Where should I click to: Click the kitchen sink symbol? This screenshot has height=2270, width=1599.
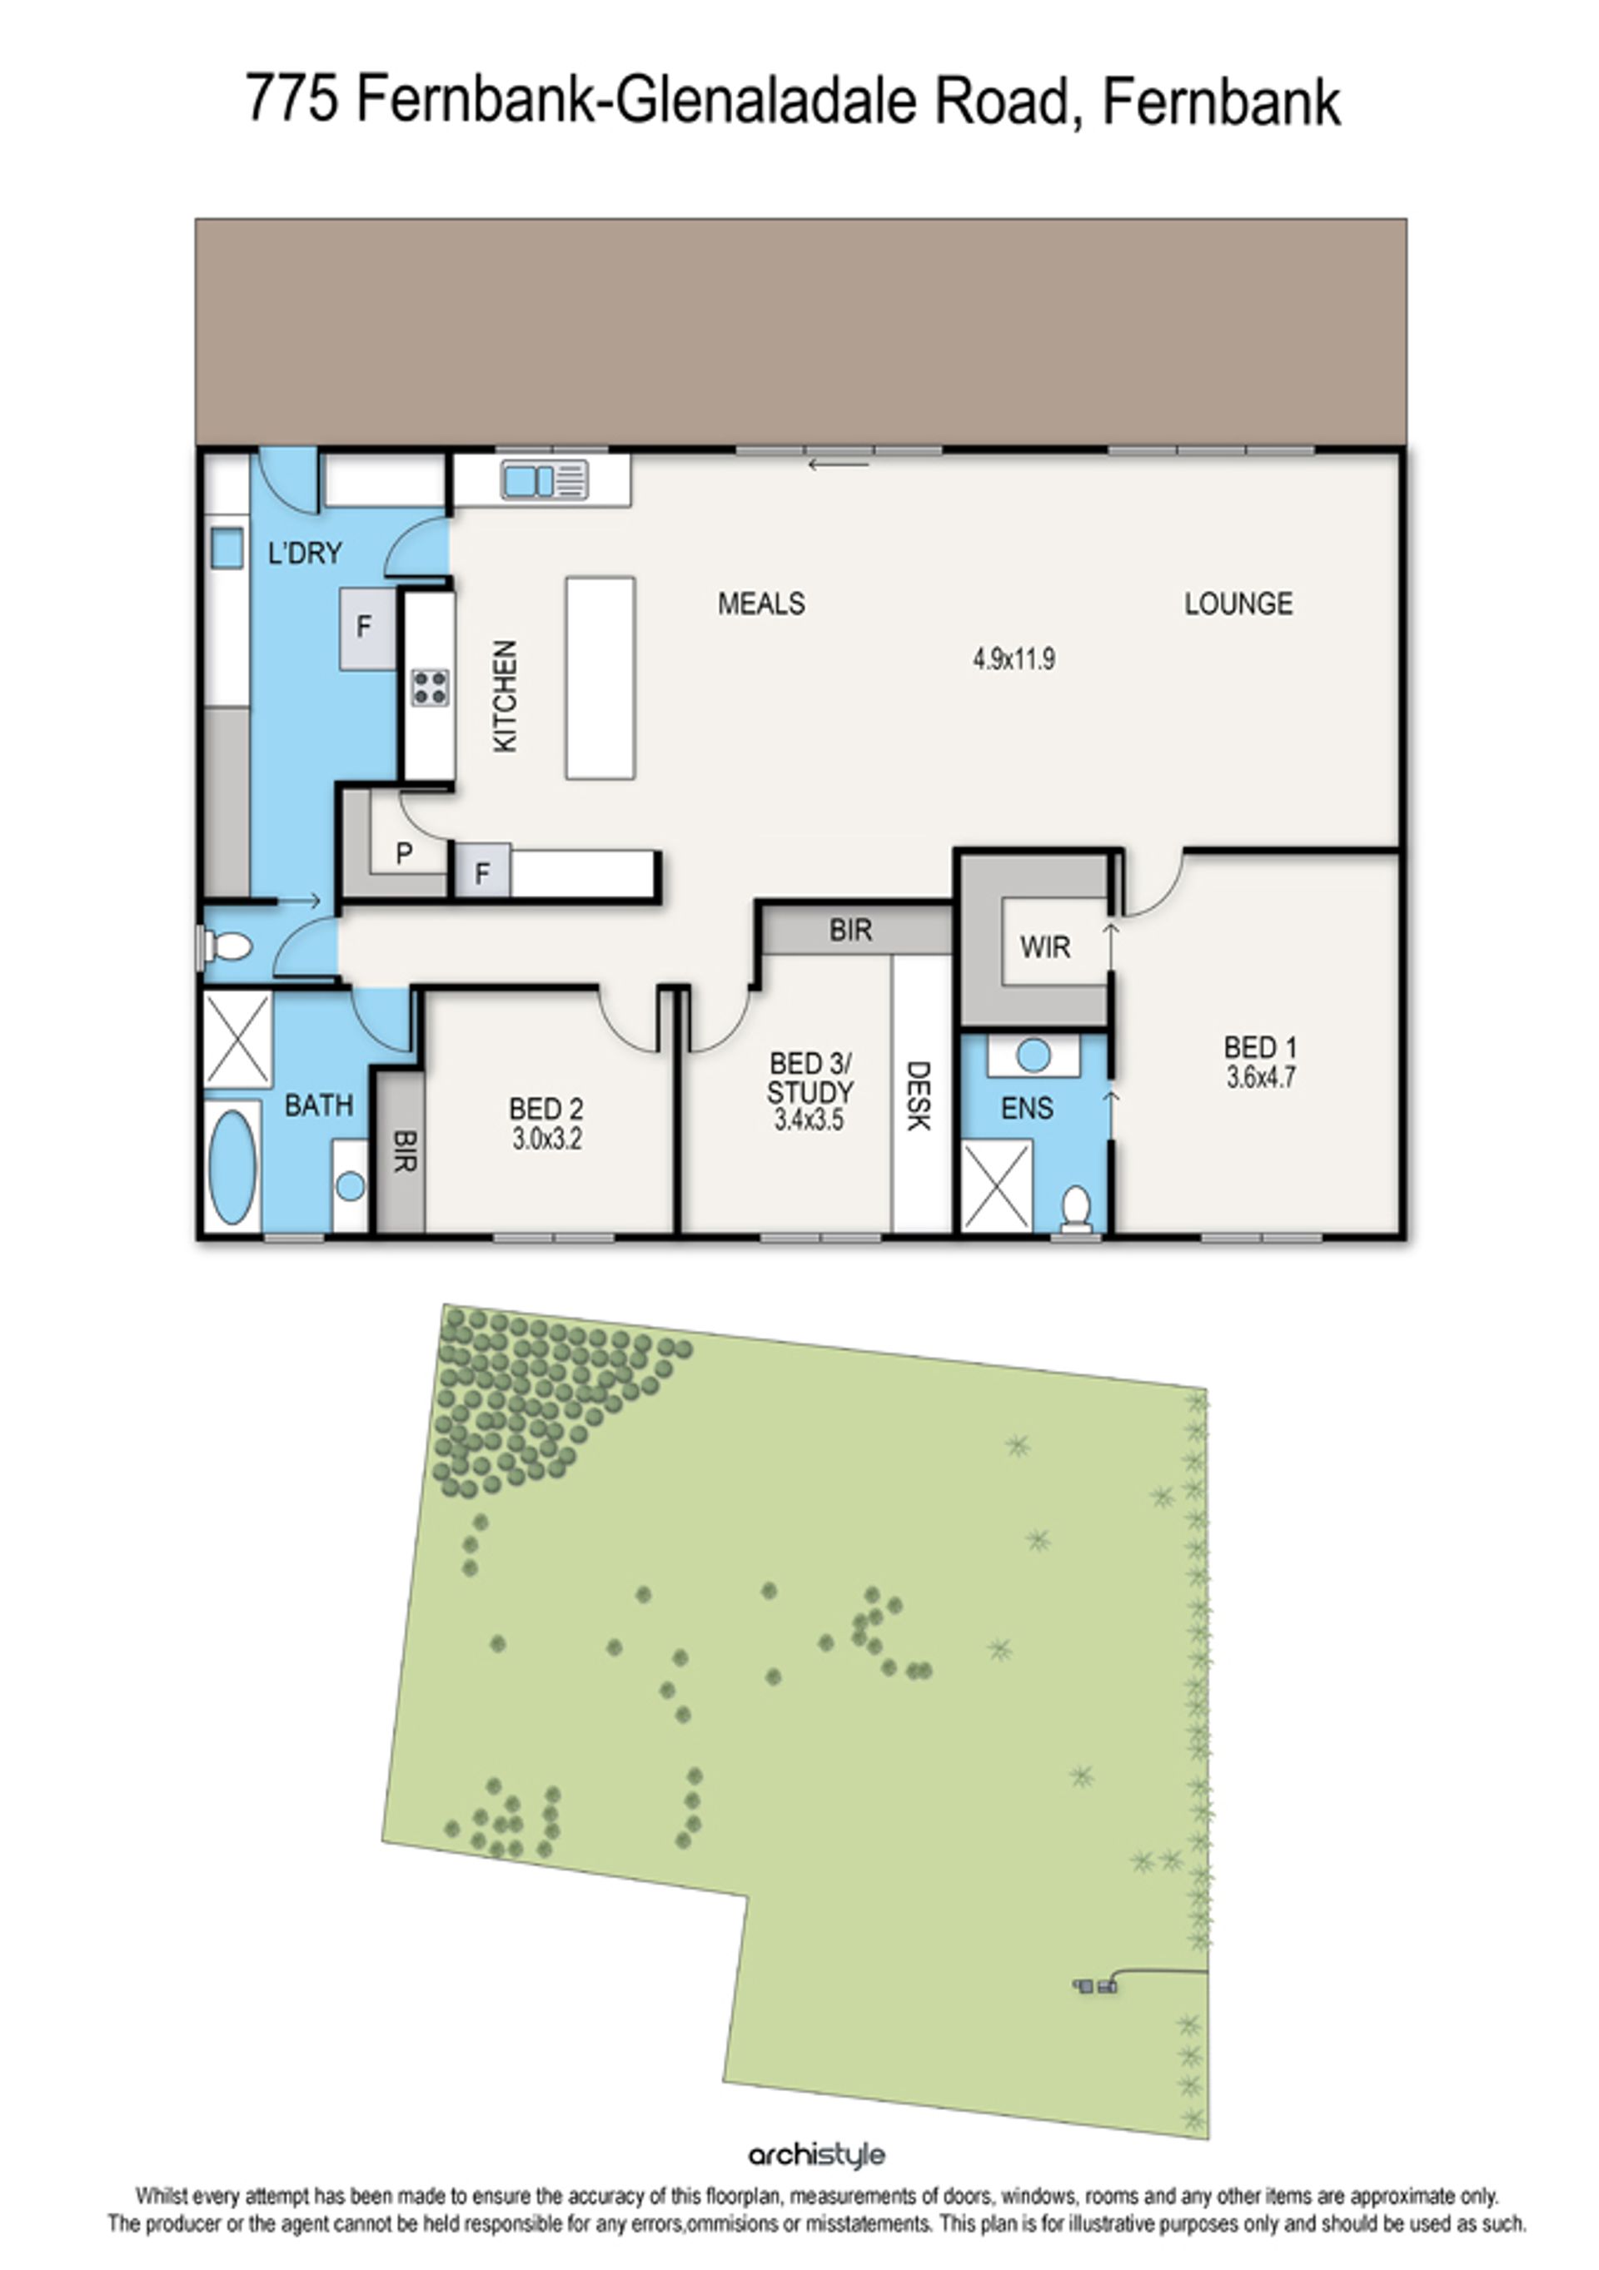tap(545, 480)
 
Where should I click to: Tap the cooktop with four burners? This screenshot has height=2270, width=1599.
tap(431, 687)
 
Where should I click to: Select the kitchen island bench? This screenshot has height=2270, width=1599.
tap(600, 678)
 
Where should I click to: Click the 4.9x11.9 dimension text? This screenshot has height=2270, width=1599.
tap(1014, 658)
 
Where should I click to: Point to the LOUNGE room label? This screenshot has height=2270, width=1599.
tap(1238, 604)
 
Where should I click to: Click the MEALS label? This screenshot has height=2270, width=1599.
tap(761, 604)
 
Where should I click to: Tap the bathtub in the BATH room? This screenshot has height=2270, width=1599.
tap(233, 1167)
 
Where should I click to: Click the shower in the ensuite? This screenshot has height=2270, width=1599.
tap(997, 1186)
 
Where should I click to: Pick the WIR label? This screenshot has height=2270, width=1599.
tap(1045, 947)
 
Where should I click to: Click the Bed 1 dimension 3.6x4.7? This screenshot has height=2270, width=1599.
tap(1261, 1076)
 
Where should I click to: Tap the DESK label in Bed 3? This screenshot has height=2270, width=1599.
tap(919, 1095)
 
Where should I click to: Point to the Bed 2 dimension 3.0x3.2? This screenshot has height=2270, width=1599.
tap(547, 1138)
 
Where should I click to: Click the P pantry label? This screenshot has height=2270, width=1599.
tap(403, 853)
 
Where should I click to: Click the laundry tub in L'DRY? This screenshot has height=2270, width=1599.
tap(227, 548)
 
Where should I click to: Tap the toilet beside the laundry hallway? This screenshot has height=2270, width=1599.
tap(227, 947)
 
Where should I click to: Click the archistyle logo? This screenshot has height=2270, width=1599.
tap(816, 2155)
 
